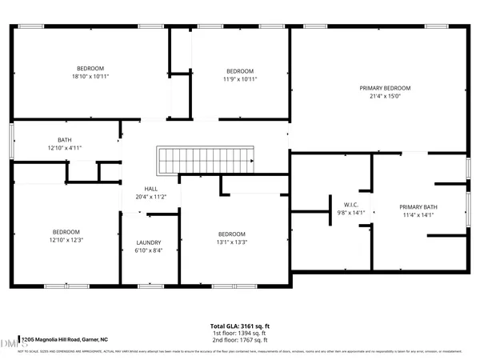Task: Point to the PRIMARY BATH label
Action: click(421, 206)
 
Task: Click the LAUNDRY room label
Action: click(149, 242)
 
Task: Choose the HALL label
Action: click(150, 189)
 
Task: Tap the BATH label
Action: click(64, 140)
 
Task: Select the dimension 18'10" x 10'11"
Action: click(90, 77)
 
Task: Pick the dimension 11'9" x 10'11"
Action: click(239, 79)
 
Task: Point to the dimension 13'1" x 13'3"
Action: click(232, 243)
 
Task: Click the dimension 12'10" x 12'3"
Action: click(66, 239)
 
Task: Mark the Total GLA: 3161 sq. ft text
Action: click(240, 326)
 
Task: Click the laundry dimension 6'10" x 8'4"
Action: click(149, 250)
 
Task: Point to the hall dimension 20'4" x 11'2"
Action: click(150, 197)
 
